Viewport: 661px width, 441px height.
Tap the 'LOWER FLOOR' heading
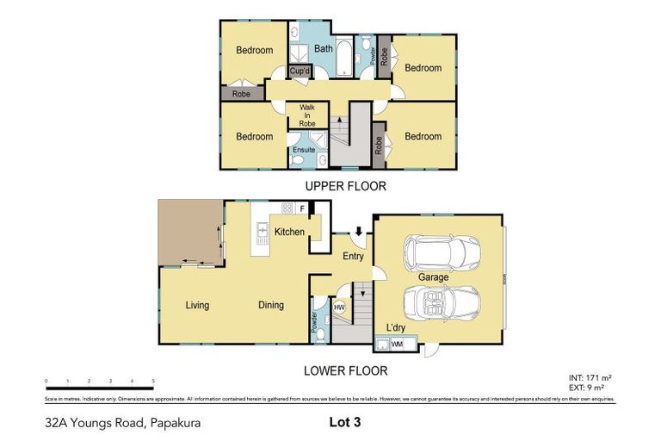[346, 371]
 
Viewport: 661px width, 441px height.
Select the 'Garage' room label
[433, 277]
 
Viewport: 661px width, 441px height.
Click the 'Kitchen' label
[290, 232]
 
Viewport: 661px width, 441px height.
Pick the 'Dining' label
[270, 305]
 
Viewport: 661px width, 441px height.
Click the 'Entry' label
[353, 257]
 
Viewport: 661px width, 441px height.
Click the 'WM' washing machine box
[397, 345]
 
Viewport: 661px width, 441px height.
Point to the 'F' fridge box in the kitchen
[302, 208]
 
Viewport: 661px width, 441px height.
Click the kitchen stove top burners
[286, 208]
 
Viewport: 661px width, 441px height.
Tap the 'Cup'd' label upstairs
[300, 71]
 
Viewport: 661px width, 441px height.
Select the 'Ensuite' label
[303, 150]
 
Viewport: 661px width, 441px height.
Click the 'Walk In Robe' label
[307, 115]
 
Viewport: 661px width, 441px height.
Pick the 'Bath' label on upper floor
[323, 49]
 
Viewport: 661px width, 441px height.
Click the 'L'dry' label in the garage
[396, 328]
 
